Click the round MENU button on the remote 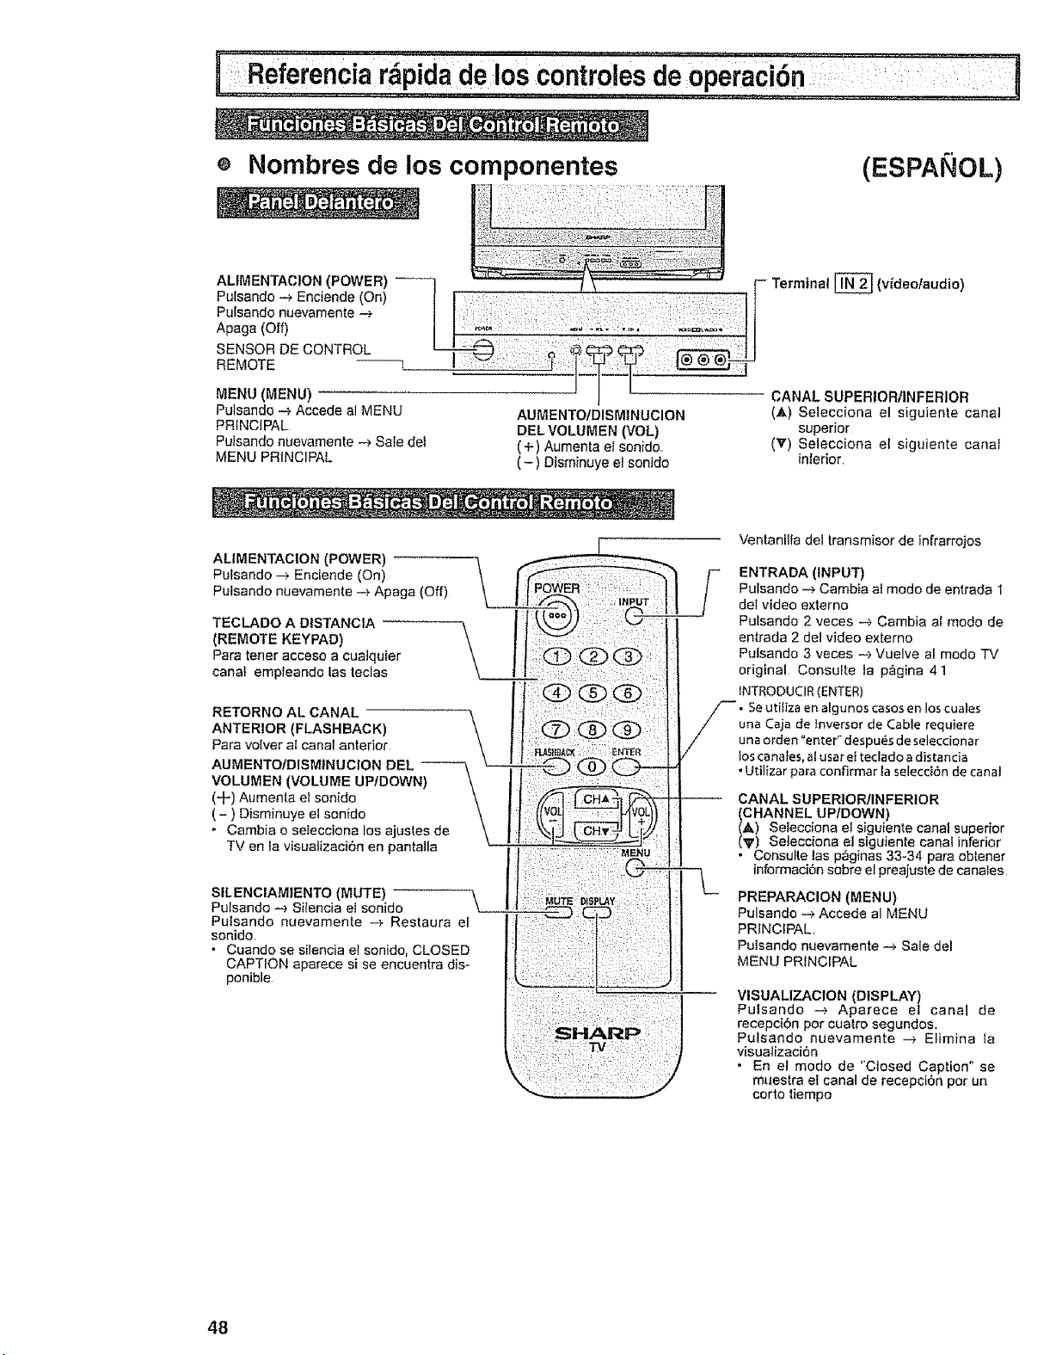(635, 868)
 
